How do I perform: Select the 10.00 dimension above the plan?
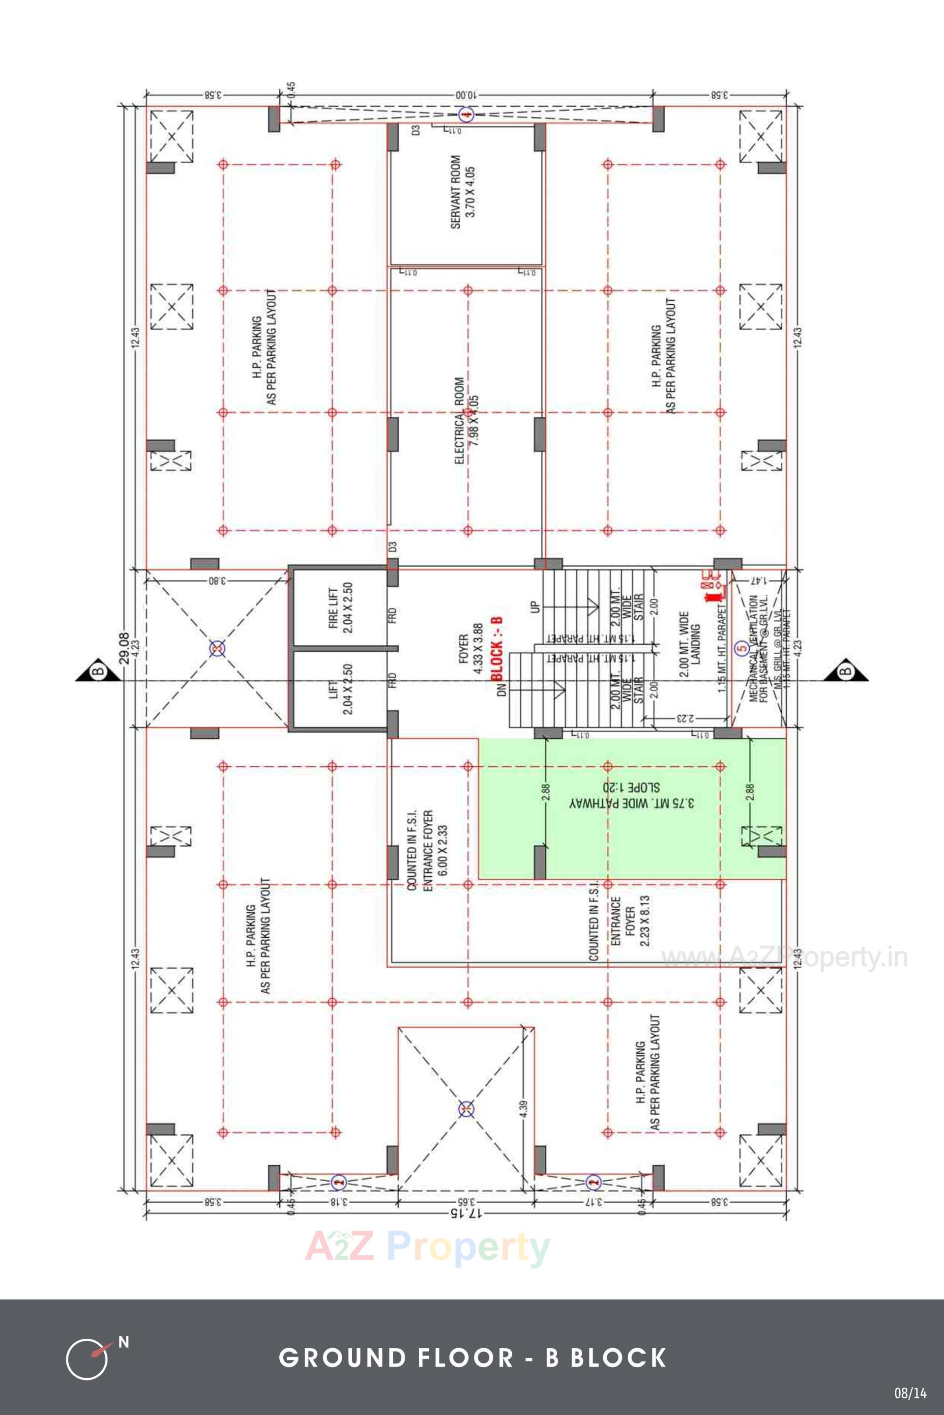tap(465, 95)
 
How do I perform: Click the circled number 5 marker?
tap(742, 648)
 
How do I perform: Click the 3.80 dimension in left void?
tap(217, 581)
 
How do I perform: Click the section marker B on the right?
tap(845, 670)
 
